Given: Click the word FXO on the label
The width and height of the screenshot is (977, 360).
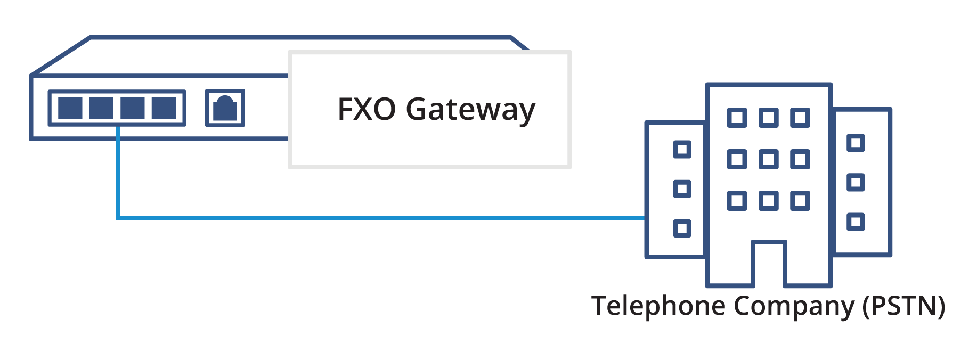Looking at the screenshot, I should click(x=367, y=110).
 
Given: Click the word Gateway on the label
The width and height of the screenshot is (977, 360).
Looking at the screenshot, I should click(x=470, y=110).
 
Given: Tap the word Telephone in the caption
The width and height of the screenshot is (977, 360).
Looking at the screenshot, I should click(x=658, y=306).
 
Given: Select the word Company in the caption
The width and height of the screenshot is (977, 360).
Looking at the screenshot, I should click(x=793, y=307).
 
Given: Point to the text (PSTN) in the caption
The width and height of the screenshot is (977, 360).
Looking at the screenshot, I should click(x=903, y=306).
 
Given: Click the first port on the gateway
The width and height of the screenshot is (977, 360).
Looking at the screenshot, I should click(x=70, y=108).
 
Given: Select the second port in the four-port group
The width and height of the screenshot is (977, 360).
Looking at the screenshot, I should click(x=101, y=108).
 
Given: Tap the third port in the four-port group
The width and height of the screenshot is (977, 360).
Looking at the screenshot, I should click(x=133, y=108).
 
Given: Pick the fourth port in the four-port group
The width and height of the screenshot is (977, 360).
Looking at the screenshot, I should click(x=164, y=108).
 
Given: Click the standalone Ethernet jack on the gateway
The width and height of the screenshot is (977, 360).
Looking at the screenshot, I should click(x=225, y=108).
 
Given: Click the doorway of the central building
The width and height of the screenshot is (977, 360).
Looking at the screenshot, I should click(x=769, y=265).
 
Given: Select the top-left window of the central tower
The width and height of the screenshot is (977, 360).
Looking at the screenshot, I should click(x=737, y=118).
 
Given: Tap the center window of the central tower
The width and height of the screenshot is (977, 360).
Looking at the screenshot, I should click(x=769, y=159).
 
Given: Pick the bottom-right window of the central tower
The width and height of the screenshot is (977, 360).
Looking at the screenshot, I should click(x=800, y=201).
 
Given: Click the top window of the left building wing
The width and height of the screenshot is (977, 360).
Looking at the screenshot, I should click(x=682, y=149).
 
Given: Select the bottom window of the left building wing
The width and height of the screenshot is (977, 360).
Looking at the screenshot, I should click(x=682, y=228).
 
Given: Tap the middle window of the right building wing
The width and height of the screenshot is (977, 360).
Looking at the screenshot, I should click(x=856, y=183).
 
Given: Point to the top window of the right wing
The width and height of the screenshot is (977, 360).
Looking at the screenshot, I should click(x=856, y=143).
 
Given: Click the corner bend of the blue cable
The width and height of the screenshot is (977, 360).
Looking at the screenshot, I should click(x=118, y=217).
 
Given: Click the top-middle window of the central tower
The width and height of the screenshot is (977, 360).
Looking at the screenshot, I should click(x=769, y=118).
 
